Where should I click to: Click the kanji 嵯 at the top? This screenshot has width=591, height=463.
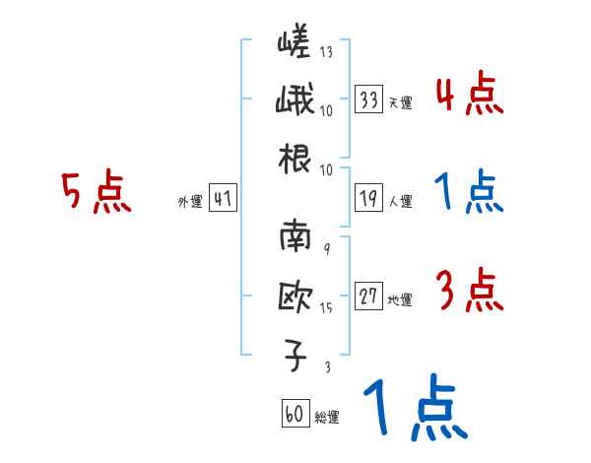pos(295,43)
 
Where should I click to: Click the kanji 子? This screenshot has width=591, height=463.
pos(295,355)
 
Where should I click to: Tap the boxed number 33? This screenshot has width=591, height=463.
pos(369,99)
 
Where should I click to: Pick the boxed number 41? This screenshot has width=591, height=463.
pos(223,199)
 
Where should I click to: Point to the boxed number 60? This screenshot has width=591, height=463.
pos(295,414)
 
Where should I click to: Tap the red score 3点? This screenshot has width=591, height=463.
pos(470,293)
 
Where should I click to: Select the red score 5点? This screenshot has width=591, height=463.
pos(96,194)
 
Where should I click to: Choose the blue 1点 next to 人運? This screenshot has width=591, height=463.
pos(470,193)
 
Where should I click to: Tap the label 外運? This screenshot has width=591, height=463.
pos(189,202)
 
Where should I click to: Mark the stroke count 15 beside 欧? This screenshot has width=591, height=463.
pos(326,308)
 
